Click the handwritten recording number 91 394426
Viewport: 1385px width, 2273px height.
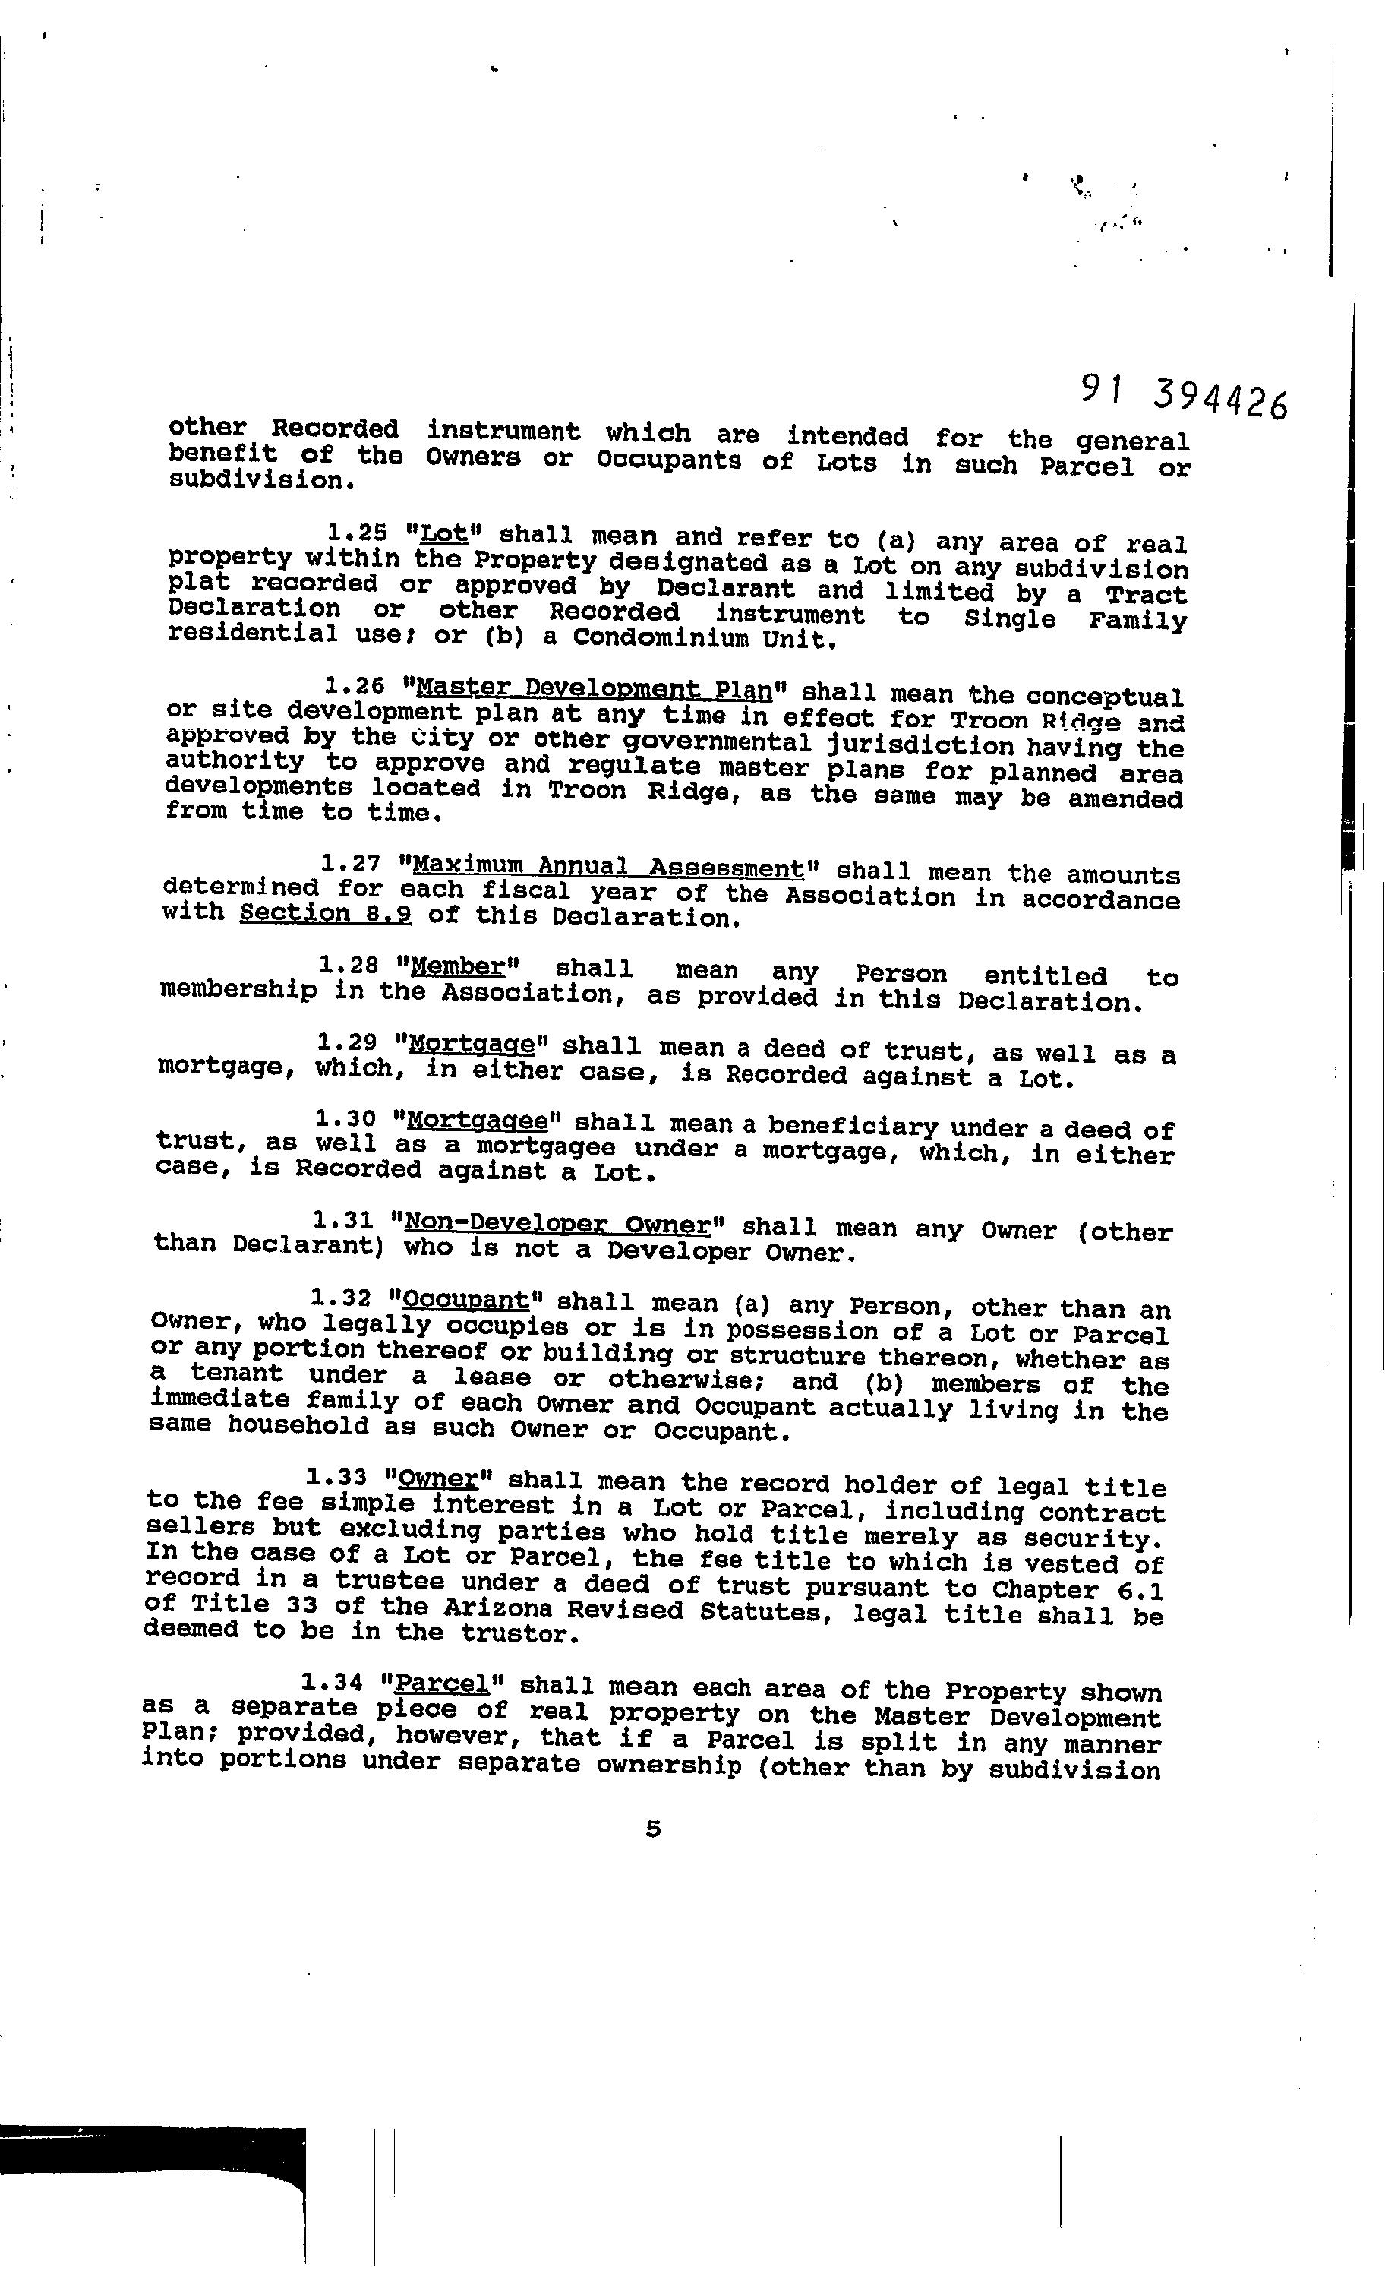click(1184, 399)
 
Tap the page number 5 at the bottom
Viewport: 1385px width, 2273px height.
click(653, 1828)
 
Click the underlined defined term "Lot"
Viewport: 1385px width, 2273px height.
click(443, 534)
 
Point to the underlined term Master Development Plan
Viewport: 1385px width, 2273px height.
click(593, 689)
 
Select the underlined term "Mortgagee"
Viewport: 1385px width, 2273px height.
click(477, 1121)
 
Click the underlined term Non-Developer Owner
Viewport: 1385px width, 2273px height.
click(558, 1224)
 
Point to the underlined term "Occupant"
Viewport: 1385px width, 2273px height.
click(466, 1300)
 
